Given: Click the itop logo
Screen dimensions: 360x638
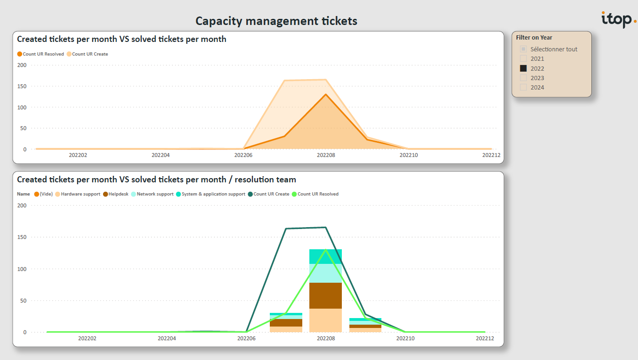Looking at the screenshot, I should tap(618, 19).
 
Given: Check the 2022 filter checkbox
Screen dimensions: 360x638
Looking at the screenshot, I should tap(523, 68).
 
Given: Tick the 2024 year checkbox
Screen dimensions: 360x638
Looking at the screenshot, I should tap(523, 87).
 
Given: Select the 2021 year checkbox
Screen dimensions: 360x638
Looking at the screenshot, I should tap(523, 59).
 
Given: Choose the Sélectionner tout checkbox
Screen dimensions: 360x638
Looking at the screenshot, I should tap(523, 49).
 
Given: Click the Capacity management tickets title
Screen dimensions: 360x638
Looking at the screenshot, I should tap(276, 21).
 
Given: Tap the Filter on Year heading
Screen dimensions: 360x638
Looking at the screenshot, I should tap(534, 38).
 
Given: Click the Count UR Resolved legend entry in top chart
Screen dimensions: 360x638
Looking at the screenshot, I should tap(40, 54).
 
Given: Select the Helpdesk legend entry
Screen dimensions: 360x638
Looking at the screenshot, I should tap(116, 194).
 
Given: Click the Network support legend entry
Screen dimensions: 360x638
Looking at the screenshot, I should tap(153, 194).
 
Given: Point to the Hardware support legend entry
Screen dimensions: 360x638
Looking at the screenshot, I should tap(78, 194).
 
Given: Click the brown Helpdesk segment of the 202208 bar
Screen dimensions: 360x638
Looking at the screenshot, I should tap(325, 295).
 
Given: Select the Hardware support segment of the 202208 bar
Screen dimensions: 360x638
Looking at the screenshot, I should tap(325, 320).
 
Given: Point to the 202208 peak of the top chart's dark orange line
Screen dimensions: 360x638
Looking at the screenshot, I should tap(325, 94).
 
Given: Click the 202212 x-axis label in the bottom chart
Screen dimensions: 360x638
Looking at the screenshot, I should tap(485, 338).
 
